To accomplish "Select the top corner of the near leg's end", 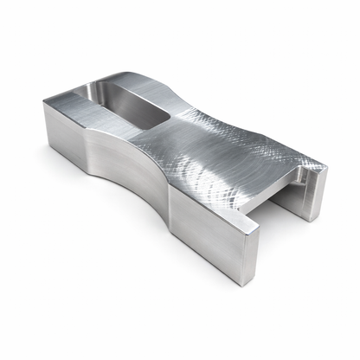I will point(259,224).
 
